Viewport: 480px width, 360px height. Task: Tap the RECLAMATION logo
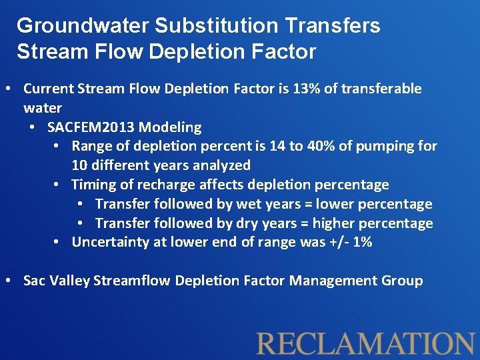(x=366, y=343)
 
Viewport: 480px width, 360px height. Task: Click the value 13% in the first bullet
(x=307, y=89)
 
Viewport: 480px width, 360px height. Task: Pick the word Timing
(x=91, y=185)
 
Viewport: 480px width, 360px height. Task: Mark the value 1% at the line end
(x=363, y=242)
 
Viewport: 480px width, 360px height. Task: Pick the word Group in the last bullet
(x=403, y=281)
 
